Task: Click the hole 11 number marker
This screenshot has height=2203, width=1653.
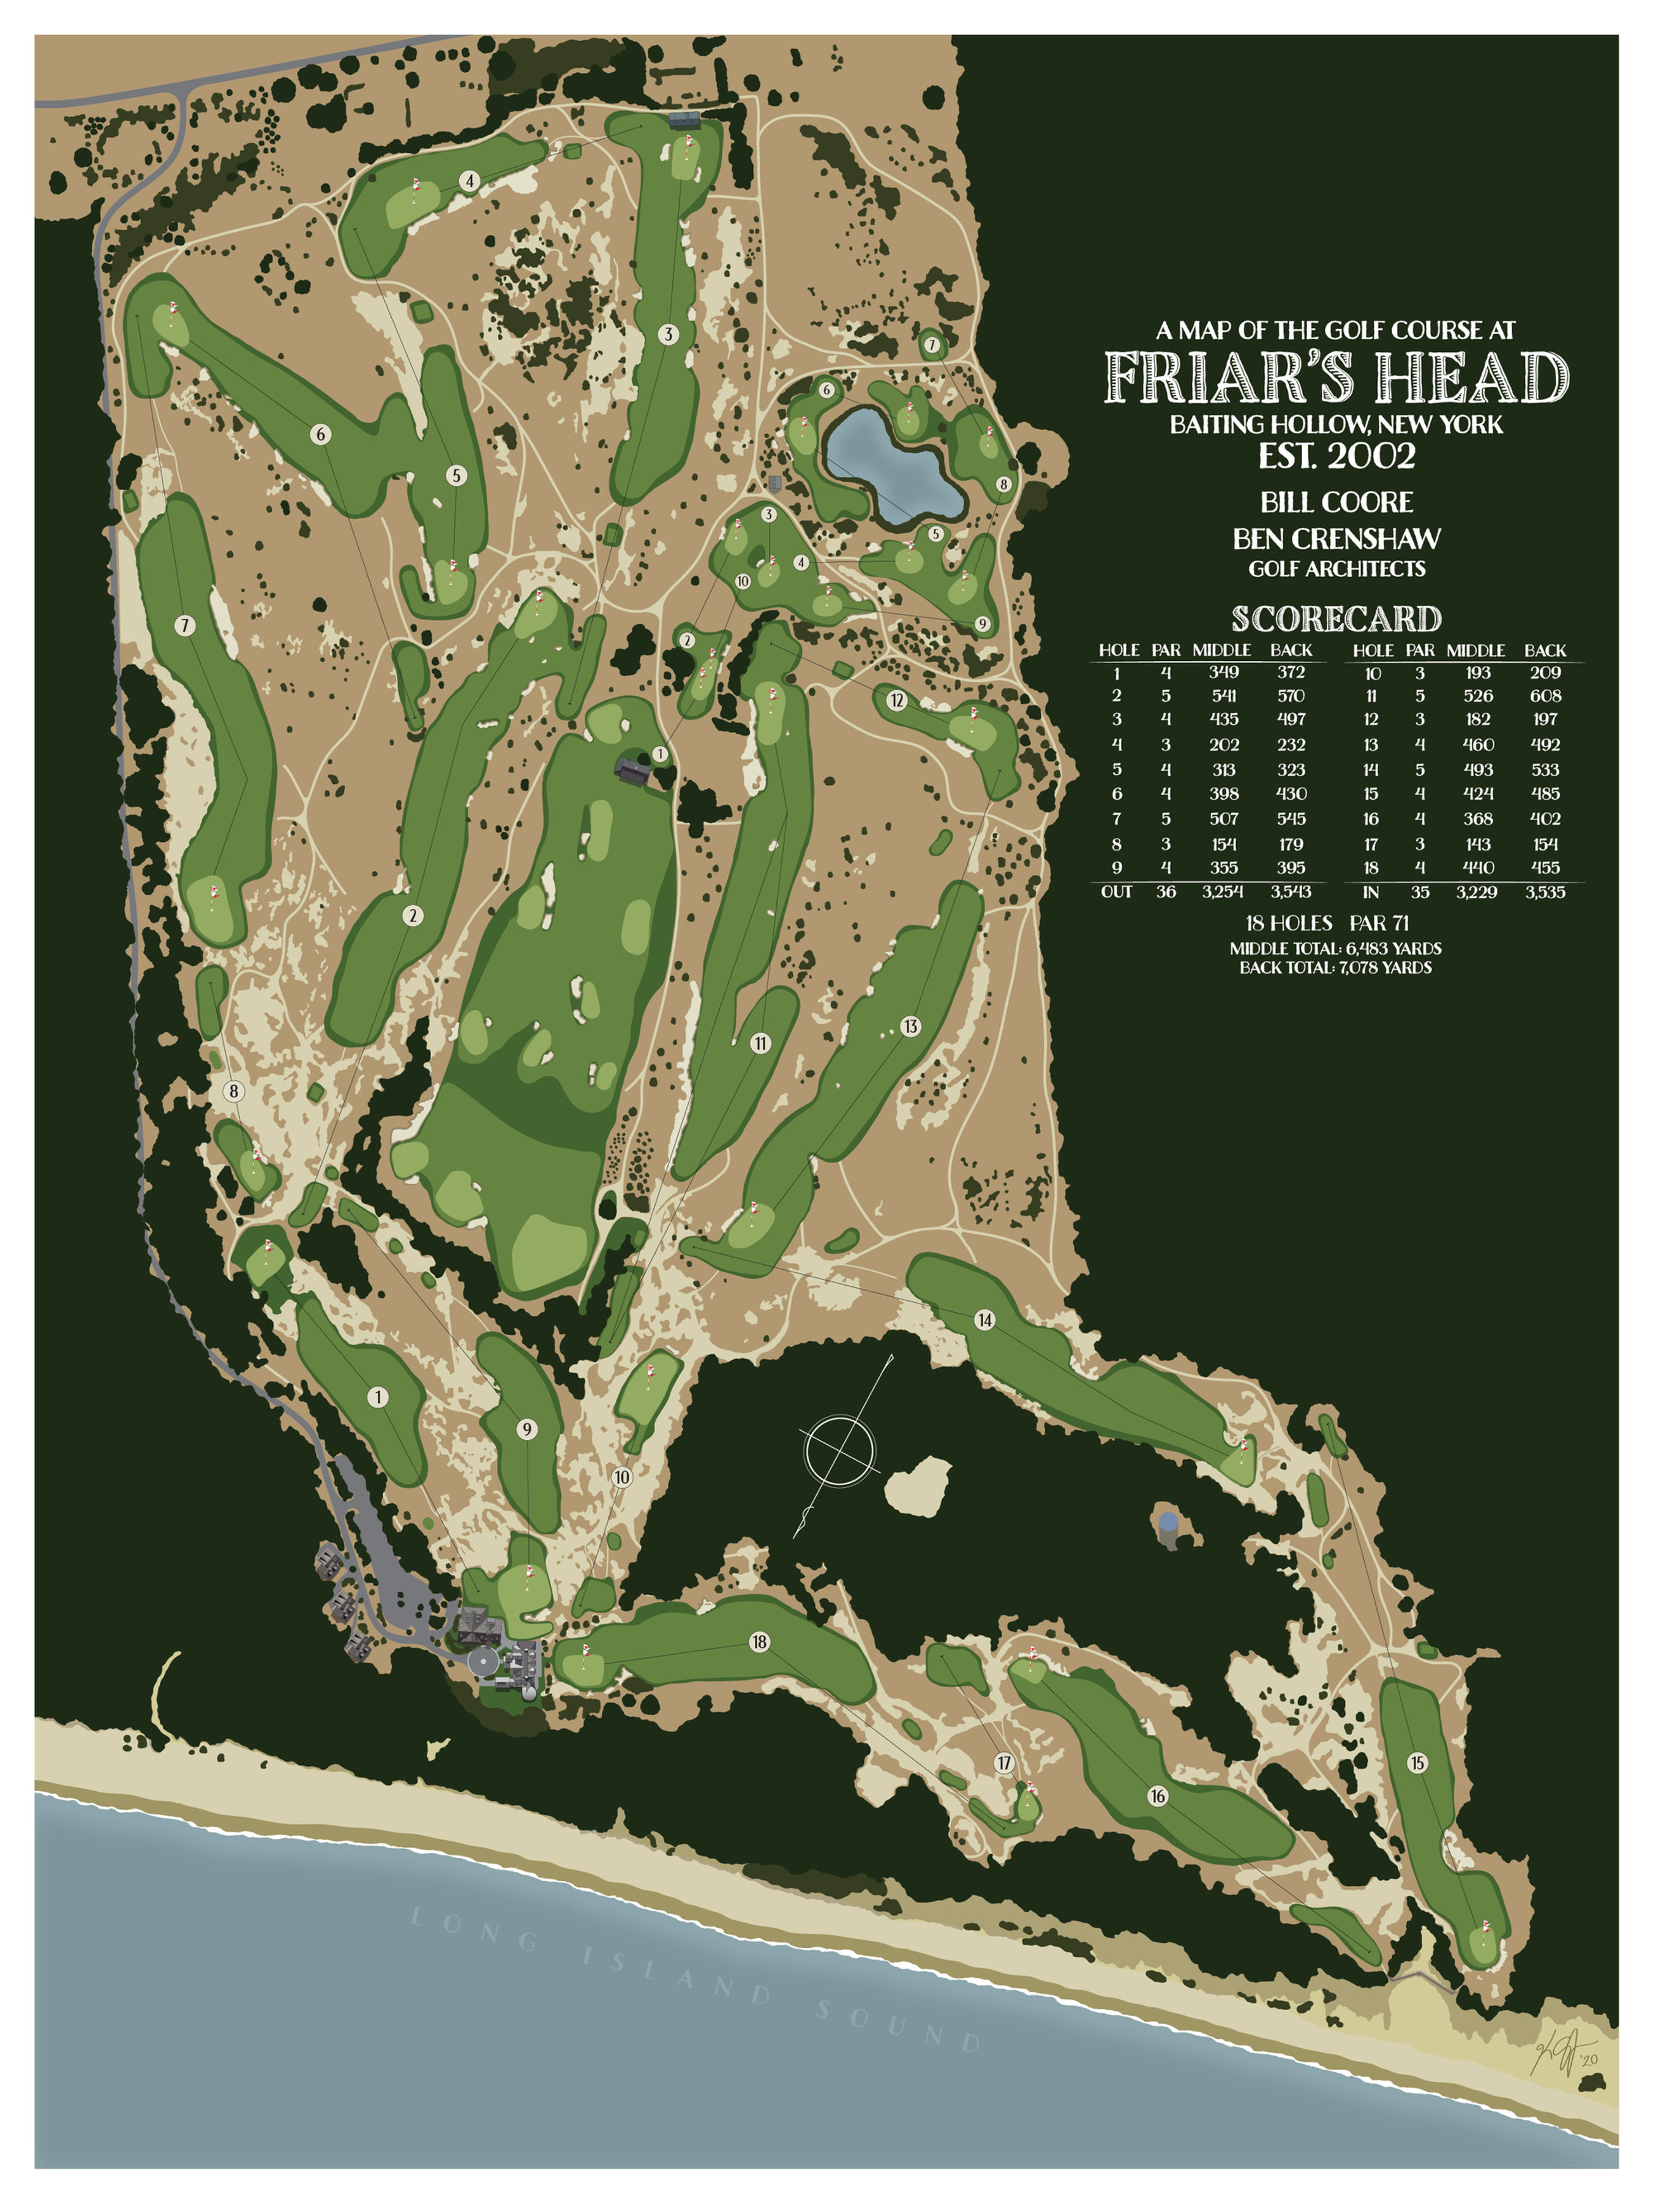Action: pyautogui.click(x=761, y=1043)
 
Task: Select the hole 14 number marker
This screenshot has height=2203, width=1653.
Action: pyautogui.click(x=984, y=1319)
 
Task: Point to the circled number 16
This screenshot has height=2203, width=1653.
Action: pyautogui.click(x=1157, y=1795)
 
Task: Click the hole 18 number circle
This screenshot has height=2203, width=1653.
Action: pyautogui.click(x=759, y=1641)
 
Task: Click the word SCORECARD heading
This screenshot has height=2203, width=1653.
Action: pyautogui.click(x=1336, y=619)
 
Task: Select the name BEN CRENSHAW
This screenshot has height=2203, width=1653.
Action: pyautogui.click(x=1336, y=539)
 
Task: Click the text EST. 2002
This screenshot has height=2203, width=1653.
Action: pyautogui.click(x=1336, y=456)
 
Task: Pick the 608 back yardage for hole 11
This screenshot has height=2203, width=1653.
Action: pyautogui.click(x=1545, y=695)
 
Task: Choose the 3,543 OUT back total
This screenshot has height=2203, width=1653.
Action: pyautogui.click(x=1291, y=892)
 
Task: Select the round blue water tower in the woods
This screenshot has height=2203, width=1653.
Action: pyautogui.click(x=1168, y=1522)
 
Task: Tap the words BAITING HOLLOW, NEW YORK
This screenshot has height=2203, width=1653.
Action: pyautogui.click(x=1336, y=424)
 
